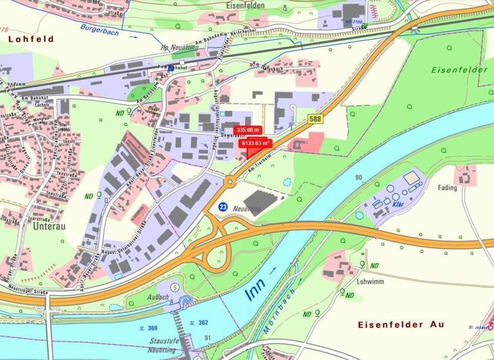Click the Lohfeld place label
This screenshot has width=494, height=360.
[31, 39]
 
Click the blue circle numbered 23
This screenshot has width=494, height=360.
[223, 207]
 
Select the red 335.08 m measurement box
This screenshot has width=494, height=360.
[247, 130]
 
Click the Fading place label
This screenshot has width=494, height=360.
[447, 188]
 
